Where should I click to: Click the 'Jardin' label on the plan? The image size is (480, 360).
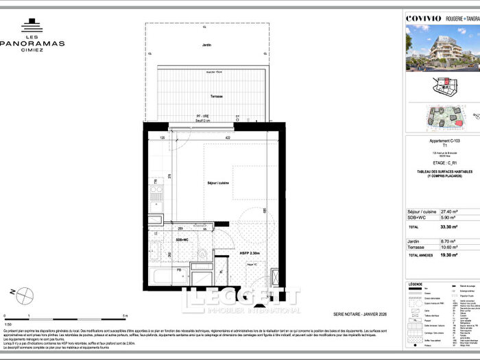(207, 45)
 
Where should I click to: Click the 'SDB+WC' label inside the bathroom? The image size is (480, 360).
(182, 240)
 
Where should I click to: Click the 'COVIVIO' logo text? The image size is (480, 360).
(424, 19)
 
